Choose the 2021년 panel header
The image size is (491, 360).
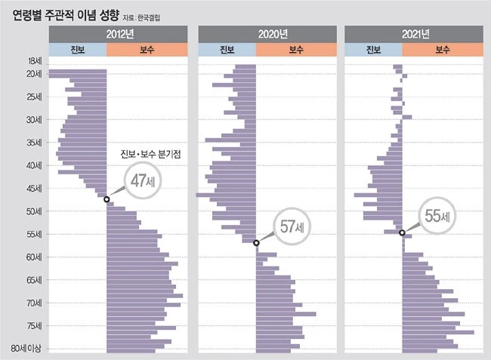click(x=413, y=33)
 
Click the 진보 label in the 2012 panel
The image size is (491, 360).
click(x=78, y=50)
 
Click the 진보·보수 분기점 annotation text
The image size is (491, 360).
click(x=155, y=155)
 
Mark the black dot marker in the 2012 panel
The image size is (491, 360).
click(x=106, y=199)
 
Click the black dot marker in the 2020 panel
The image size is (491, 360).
click(x=256, y=243)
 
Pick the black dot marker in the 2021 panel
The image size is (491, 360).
click(x=402, y=232)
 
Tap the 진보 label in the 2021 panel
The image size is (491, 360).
click(x=372, y=50)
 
